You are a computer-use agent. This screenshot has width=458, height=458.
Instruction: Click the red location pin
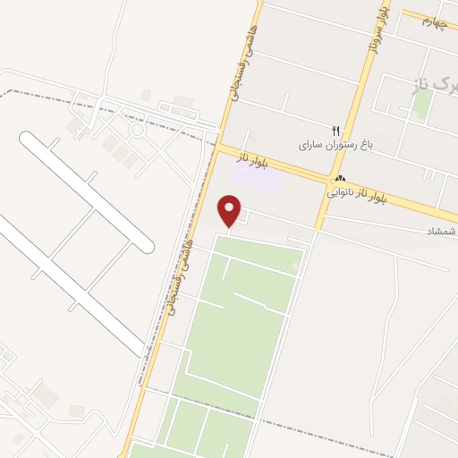(231, 208)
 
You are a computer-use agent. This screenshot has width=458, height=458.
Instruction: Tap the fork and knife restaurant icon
(336, 131)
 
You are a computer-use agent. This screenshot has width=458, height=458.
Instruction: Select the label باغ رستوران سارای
(332, 144)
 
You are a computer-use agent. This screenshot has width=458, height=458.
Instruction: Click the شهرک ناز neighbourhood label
(438, 84)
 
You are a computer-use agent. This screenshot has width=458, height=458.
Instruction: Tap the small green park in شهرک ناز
(421, 106)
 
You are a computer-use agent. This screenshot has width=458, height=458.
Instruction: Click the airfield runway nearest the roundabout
(86, 189)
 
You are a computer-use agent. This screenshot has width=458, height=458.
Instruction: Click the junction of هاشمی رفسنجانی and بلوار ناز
(218, 146)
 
